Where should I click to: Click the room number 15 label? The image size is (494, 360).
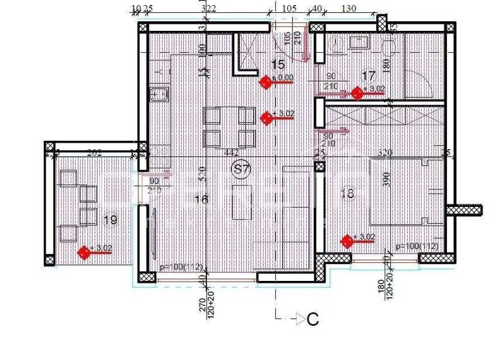pyautogui.click(x=278, y=64)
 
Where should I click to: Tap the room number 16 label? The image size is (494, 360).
pyautogui.click(x=201, y=199)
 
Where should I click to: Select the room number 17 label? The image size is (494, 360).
pyautogui.click(x=368, y=75)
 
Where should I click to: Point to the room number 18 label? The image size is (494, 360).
pyautogui.click(x=347, y=194)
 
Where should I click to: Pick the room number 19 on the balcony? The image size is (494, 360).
pyautogui.click(x=110, y=220)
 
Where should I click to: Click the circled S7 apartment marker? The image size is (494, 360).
pyautogui.click(x=241, y=169)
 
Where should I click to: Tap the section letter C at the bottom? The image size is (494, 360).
pyautogui.click(x=313, y=319)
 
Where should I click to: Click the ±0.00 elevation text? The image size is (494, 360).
pyautogui.click(x=282, y=77)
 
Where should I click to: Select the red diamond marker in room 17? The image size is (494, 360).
pyautogui.click(x=358, y=93)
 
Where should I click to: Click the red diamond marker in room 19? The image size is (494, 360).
pyautogui.click(x=84, y=252)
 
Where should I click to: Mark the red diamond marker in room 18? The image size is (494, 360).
pyautogui.click(x=347, y=241)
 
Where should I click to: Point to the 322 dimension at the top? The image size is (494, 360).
pyautogui.click(x=208, y=8)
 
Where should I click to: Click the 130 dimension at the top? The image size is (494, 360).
pyautogui.click(x=349, y=8)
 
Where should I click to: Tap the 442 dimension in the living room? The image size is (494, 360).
pyautogui.click(x=232, y=152)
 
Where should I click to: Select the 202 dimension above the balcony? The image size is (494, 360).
pyautogui.click(x=94, y=152)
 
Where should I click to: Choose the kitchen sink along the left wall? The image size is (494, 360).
pyautogui.click(x=158, y=95)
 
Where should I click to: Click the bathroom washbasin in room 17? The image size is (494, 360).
pyautogui.click(x=358, y=42)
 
